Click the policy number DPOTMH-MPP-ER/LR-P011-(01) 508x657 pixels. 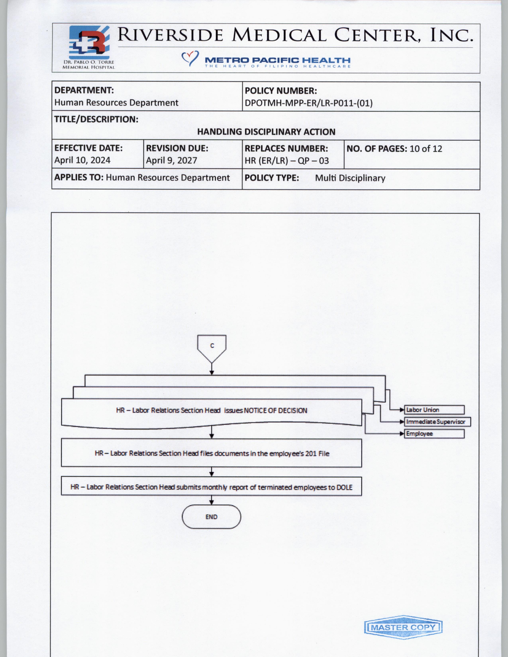pyautogui.click(x=308, y=103)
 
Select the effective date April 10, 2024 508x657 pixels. pyautogui.click(x=82, y=160)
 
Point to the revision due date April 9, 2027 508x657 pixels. pyautogui.click(x=171, y=160)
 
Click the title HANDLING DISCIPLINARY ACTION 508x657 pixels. pyautogui.click(x=266, y=132)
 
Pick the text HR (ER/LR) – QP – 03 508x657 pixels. pyautogui.click(x=286, y=161)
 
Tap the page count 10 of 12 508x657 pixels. pyautogui.click(x=426, y=149)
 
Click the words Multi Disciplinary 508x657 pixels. pyautogui.click(x=350, y=178)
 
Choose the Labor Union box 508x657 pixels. pyautogui.click(x=434, y=410)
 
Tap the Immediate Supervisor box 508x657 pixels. pyautogui.click(x=437, y=422)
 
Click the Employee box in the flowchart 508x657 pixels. pyautogui.click(x=434, y=434)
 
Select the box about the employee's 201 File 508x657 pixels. pyautogui.click(x=212, y=453)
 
